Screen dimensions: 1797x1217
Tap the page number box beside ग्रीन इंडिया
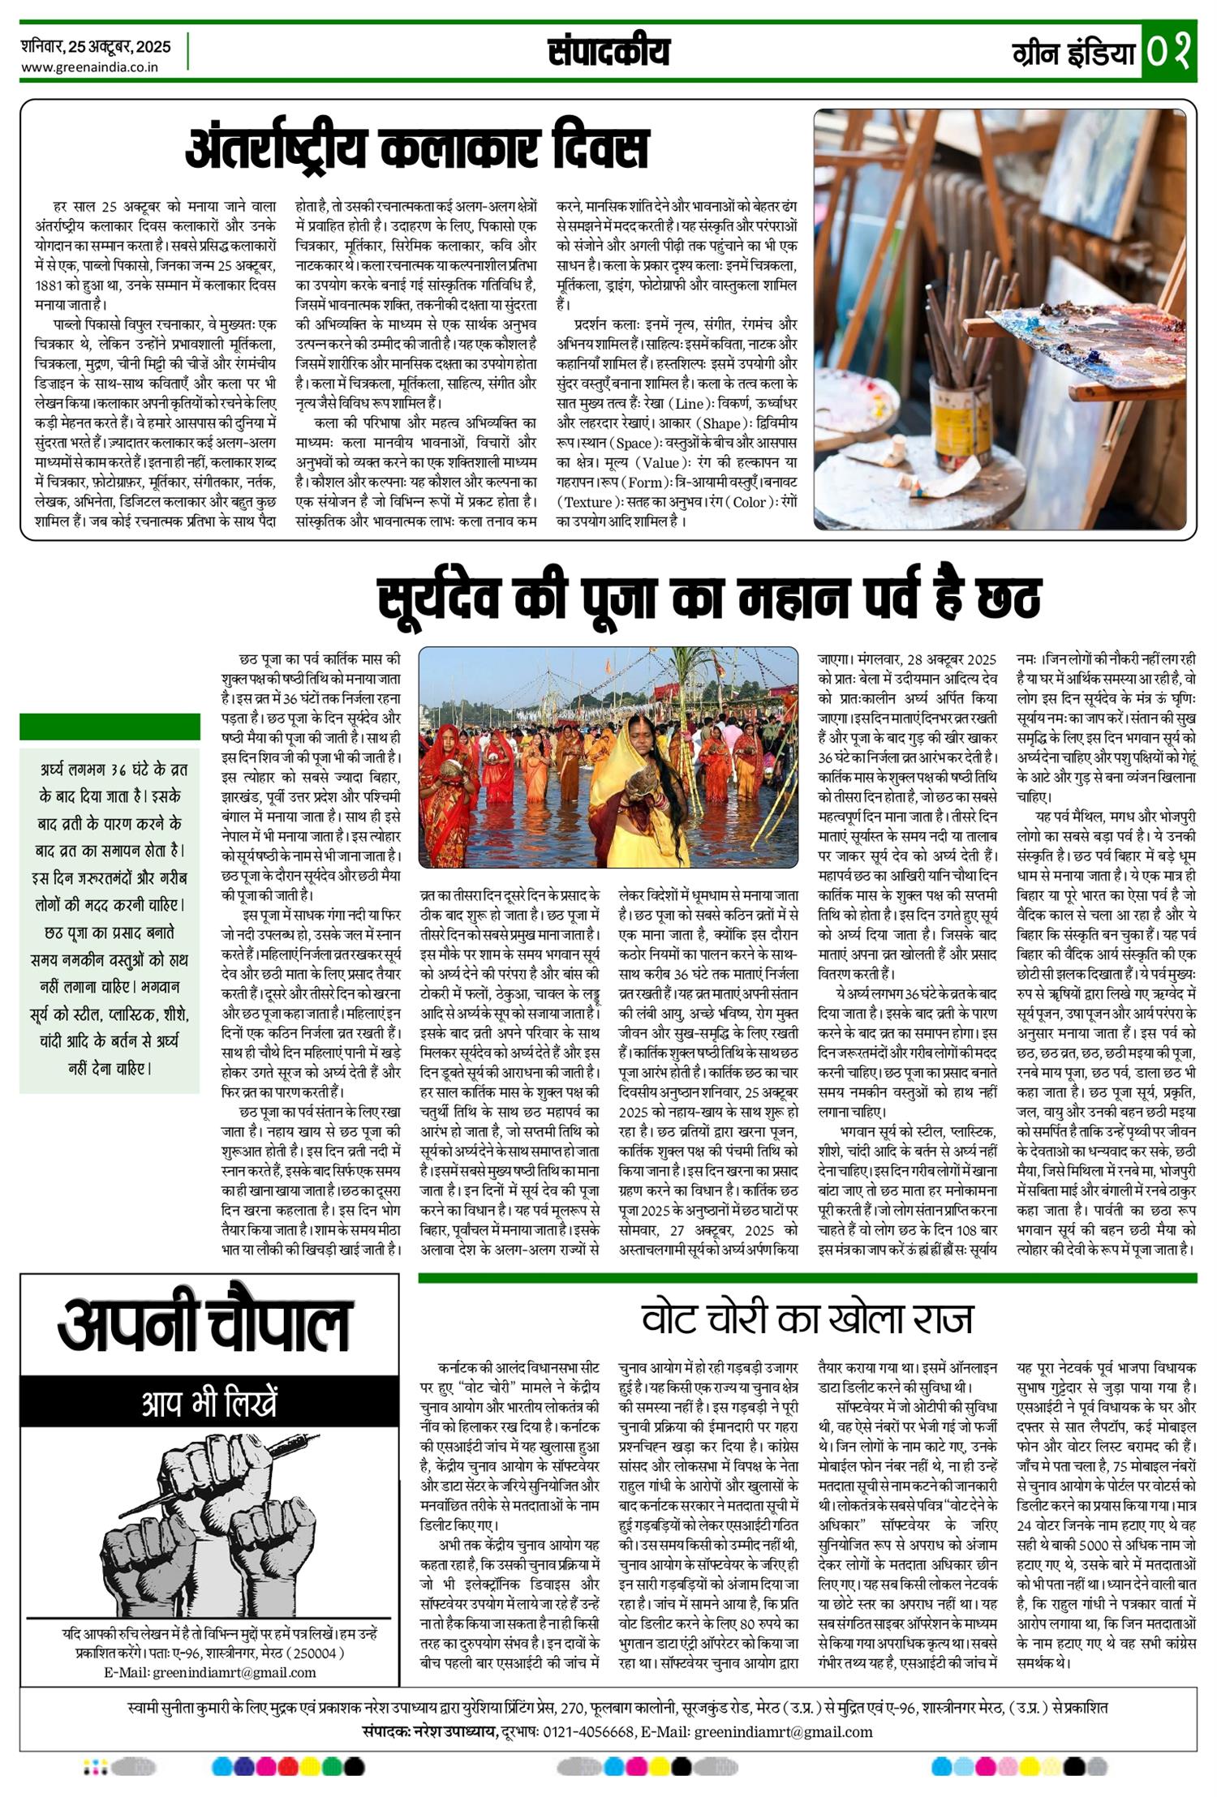pyautogui.click(x=1169, y=51)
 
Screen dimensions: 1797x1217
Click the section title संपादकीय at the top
pyautogui.click(x=608, y=52)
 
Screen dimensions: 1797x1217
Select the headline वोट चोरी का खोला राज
pyautogui.click(x=806, y=1319)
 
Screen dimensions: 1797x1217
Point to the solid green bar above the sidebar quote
pyautogui.click(x=110, y=727)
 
